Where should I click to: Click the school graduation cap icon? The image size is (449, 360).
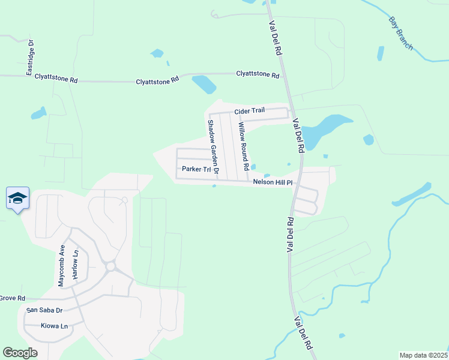pos(17,198)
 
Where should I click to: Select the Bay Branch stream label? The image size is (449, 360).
pos(400,34)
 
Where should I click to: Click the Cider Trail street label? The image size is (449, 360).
pos(249,111)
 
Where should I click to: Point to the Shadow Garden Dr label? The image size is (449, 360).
pos(212,147)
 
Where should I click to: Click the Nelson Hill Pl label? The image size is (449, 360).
pos(272,182)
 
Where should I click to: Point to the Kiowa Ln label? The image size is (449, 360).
pos(54,326)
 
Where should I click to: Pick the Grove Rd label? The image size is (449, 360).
pos(12,298)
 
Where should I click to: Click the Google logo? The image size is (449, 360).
pos(20,353)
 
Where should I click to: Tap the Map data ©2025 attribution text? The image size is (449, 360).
pos(423,355)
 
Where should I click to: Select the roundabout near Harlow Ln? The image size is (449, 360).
pos(110,266)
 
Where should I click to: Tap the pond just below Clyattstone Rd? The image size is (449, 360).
pos(203,85)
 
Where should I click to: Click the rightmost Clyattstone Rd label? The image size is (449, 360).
pos(258,76)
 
